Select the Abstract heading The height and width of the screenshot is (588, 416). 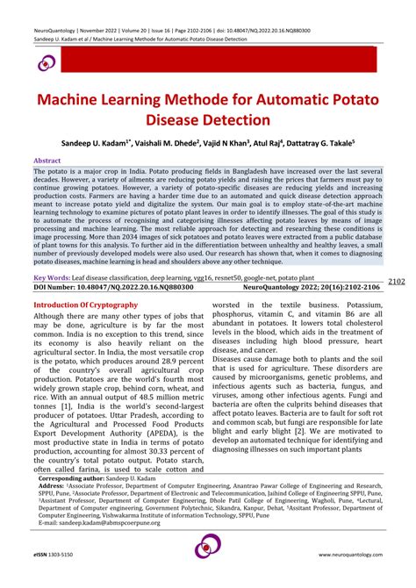47,161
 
